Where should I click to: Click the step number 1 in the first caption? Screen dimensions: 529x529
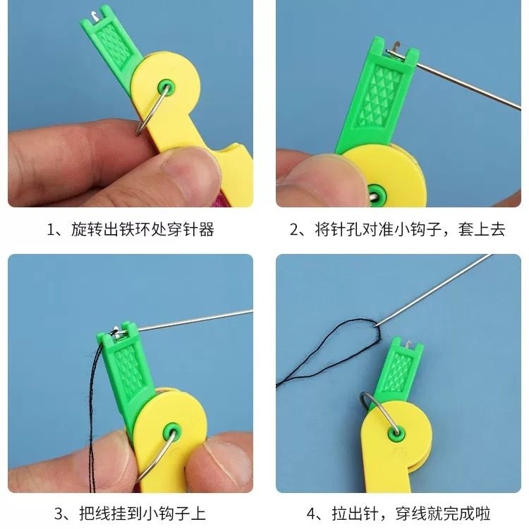coord(51,229)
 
